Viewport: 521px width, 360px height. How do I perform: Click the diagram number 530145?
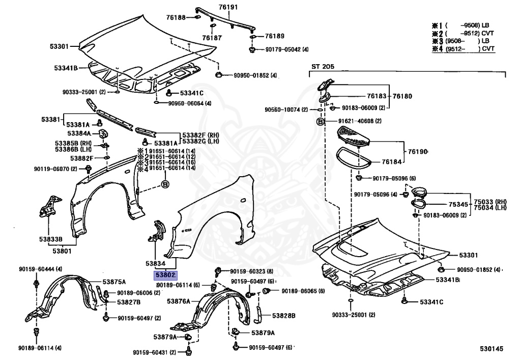pyautogui.click(x=491, y=349)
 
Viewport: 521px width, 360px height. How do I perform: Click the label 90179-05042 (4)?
pyautogui.click(x=287, y=49)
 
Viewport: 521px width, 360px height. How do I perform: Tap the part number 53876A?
pyautogui.click(x=178, y=301)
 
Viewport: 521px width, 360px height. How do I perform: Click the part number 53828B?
pyautogui.click(x=283, y=316)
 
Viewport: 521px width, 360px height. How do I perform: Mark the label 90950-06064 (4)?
pyautogui.click(x=190, y=103)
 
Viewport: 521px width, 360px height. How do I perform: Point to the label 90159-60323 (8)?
pyautogui.click(x=252, y=271)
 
